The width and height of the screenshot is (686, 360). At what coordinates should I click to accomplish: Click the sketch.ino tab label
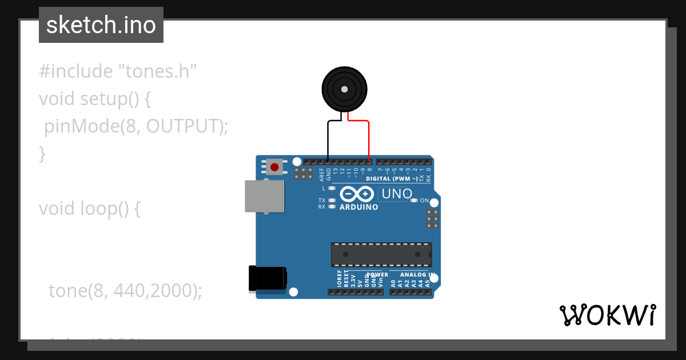101,25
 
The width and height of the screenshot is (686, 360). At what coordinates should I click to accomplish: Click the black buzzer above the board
344,89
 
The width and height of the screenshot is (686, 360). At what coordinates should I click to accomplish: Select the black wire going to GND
328,137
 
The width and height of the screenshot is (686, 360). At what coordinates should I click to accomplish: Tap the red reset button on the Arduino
274,167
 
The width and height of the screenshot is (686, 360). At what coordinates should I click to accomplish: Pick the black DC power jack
268,279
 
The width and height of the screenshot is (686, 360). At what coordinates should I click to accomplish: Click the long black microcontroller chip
381,254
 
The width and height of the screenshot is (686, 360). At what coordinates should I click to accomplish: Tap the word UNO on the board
396,194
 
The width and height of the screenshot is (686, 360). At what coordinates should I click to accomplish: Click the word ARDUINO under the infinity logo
358,207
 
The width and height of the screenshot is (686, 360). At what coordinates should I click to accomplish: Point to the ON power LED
414,201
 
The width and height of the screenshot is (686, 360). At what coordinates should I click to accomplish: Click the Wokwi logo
607,315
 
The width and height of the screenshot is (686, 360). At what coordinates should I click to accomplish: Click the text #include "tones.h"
118,71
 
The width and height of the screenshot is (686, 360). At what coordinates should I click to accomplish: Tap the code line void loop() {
90,209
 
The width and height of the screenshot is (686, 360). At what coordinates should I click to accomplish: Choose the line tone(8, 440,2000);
125,291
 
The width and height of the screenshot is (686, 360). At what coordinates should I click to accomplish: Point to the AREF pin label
321,174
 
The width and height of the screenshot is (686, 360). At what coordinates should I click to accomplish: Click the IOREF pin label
339,279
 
